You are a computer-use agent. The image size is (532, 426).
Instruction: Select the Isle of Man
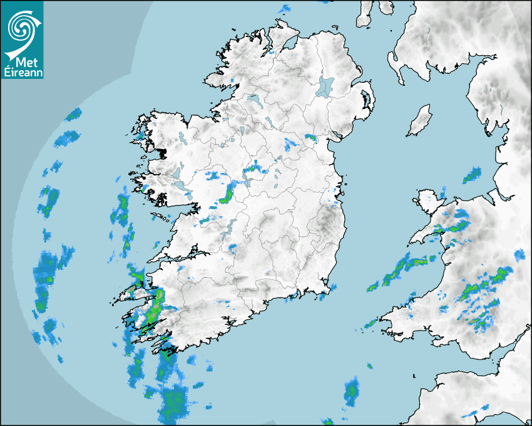coord(420,120)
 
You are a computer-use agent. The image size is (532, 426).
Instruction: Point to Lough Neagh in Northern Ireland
coord(325,86)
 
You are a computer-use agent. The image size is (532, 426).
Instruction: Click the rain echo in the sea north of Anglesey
coord(472,175)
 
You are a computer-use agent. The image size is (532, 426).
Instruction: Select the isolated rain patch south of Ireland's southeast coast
coord(351,391)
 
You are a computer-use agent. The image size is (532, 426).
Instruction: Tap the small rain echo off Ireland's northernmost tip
coord(285,9)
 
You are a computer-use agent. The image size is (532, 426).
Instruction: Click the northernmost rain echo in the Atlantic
coord(74,114)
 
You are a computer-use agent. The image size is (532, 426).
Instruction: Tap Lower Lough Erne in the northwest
coord(253,99)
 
